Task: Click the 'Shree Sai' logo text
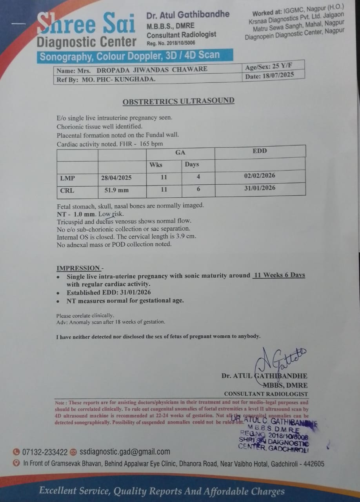point(86,24)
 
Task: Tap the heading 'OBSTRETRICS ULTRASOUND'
point(178,101)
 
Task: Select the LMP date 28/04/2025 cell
point(116,178)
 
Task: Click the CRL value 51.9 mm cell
point(116,190)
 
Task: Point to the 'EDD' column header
point(260,151)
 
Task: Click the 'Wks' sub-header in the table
point(156,165)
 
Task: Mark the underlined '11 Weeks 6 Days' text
point(279,275)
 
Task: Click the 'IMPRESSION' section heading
point(78,268)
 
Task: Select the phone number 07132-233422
point(45,452)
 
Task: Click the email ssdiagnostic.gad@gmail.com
point(125,452)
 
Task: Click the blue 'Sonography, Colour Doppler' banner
point(129,56)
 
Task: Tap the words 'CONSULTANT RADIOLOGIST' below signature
point(266,394)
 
